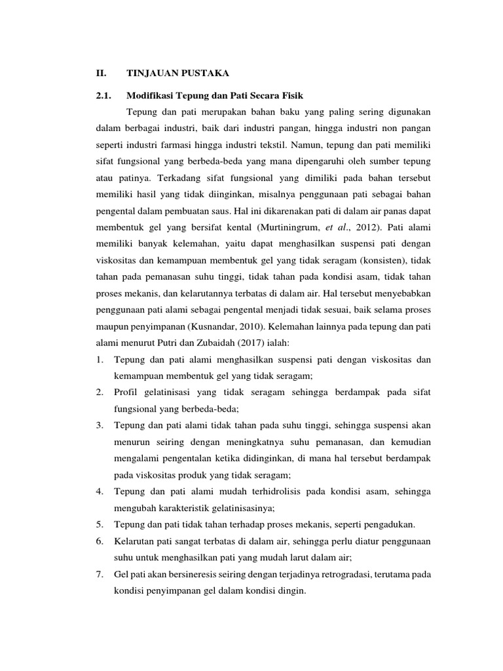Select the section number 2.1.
[105, 96]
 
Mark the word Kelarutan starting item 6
[134, 542]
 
